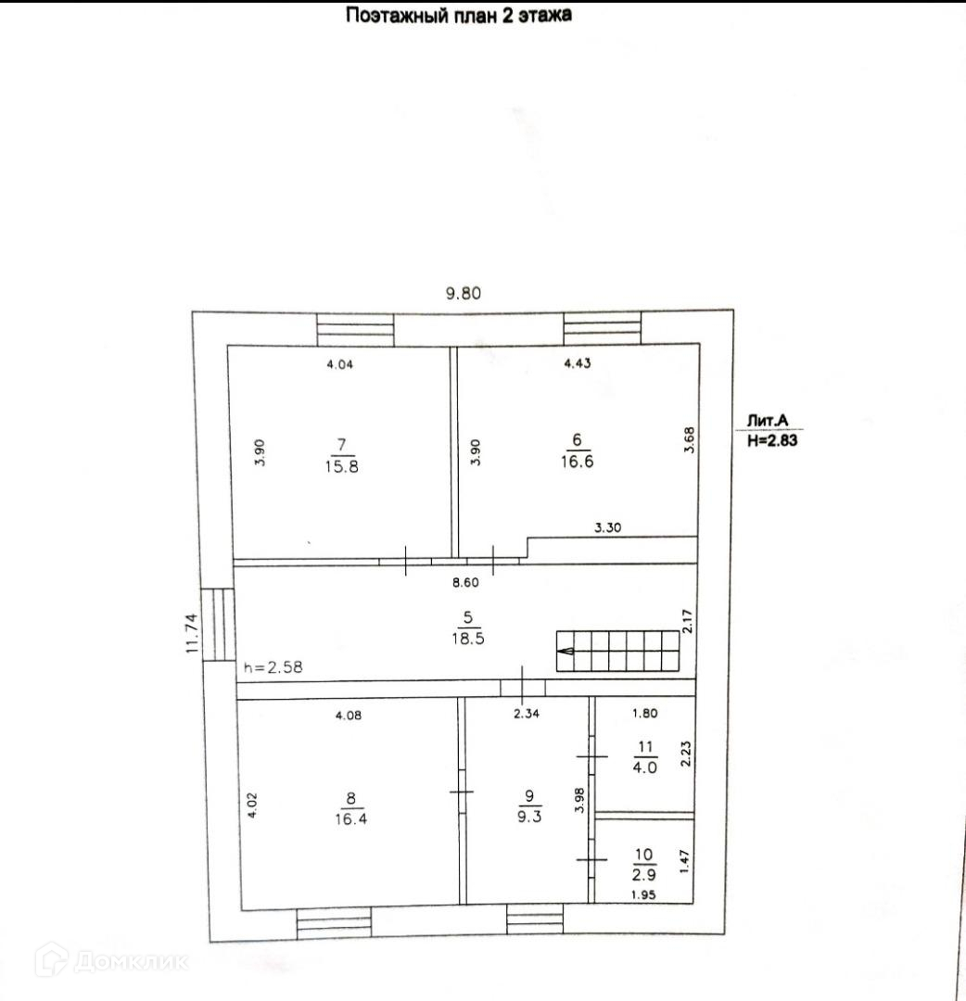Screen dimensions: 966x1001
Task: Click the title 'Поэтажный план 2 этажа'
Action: click(x=459, y=15)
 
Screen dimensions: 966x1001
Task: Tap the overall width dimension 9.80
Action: click(x=463, y=294)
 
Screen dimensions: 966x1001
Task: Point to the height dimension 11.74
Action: click(x=193, y=634)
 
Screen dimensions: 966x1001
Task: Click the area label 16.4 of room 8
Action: click(x=350, y=819)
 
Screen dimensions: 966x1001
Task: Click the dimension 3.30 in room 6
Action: click(x=607, y=527)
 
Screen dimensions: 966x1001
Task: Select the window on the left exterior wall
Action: click(x=219, y=626)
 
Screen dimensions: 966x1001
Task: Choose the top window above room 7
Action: click(x=355, y=329)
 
